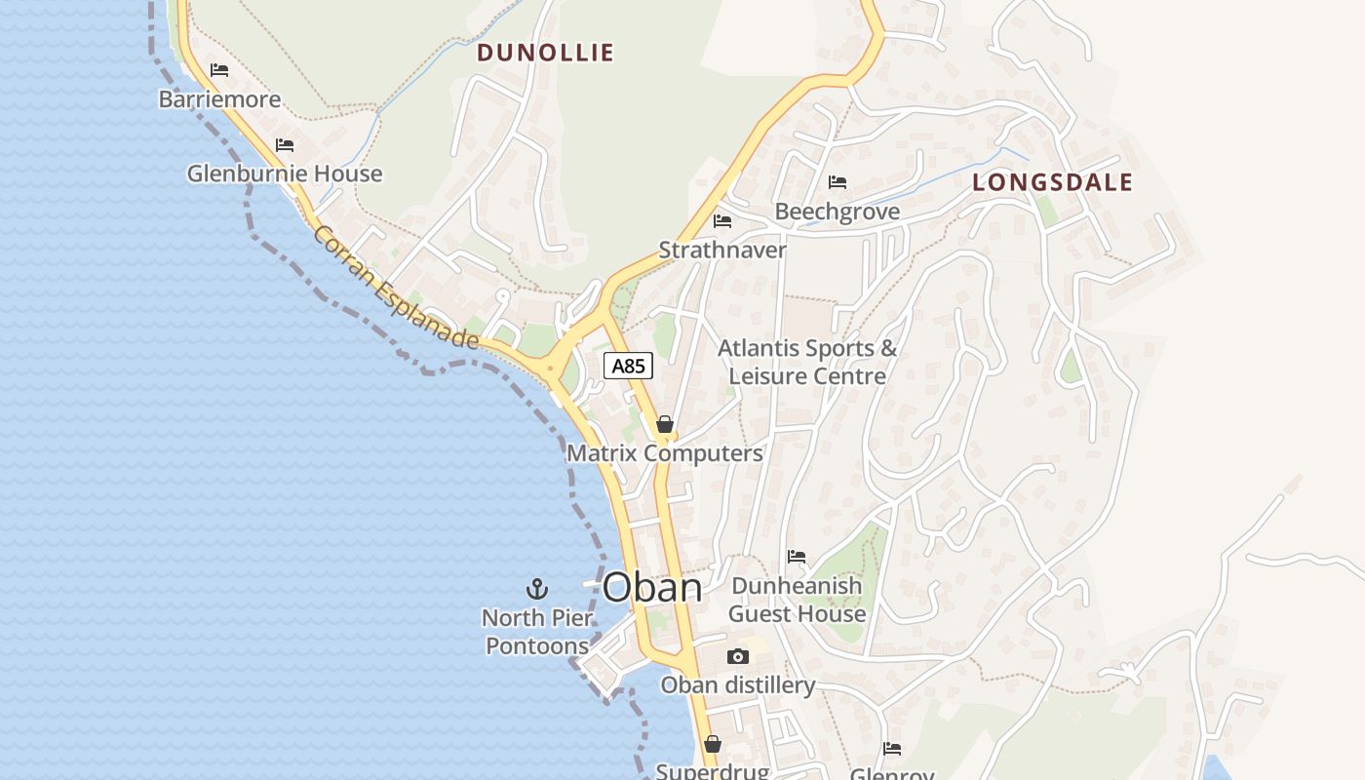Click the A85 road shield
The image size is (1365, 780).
tap(628, 367)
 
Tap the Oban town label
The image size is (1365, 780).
tap(652, 588)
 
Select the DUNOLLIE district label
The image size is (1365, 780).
tap(545, 53)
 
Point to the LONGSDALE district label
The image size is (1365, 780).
tap(1053, 182)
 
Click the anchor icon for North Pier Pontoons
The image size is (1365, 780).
tap(537, 589)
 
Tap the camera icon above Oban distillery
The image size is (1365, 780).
tap(738, 656)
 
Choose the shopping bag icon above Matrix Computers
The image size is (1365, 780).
tap(665, 424)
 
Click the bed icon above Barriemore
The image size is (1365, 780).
tap(219, 70)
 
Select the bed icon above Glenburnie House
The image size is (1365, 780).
tap(285, 144)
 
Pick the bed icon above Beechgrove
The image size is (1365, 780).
tap(838, 182)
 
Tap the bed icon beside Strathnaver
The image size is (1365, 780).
tap(722, 221)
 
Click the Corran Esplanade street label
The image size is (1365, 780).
tap(397, 288)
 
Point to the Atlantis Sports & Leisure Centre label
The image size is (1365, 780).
tap(807, 362)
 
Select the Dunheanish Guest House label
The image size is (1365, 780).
tap(797, 600)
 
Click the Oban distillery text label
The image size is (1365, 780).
tap(738, 685)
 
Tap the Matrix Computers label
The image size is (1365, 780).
tap(665, 453)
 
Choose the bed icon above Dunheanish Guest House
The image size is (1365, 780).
tap(797, 557)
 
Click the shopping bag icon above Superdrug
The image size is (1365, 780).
tap(713, 744)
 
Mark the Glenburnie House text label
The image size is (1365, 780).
tap(285, 174)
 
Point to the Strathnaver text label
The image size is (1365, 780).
tap(722, 251)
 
